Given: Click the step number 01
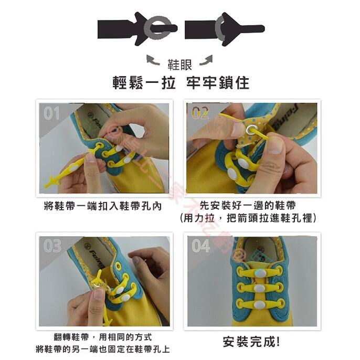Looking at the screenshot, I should pyautogui.click(x=51, y=113).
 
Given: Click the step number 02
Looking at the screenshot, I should pyautogui.click(x=200, y=113).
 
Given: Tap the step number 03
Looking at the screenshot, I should pyautogui.click(x=52, y=246).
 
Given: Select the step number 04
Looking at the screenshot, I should pyautogui.click(x=201, y=246).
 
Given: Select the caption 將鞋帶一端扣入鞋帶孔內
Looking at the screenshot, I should pyautogui.click(x=102, y=206).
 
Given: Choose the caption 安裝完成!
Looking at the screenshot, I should pyautogui.click(x=251, y=342).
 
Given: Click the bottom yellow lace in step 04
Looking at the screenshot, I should pyautogui.click(x=259, y=303).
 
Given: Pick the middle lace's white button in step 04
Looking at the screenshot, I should pyautogui.click(x=259, y=288).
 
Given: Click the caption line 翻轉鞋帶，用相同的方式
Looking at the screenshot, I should pyautogui.click(x=102, y=337).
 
